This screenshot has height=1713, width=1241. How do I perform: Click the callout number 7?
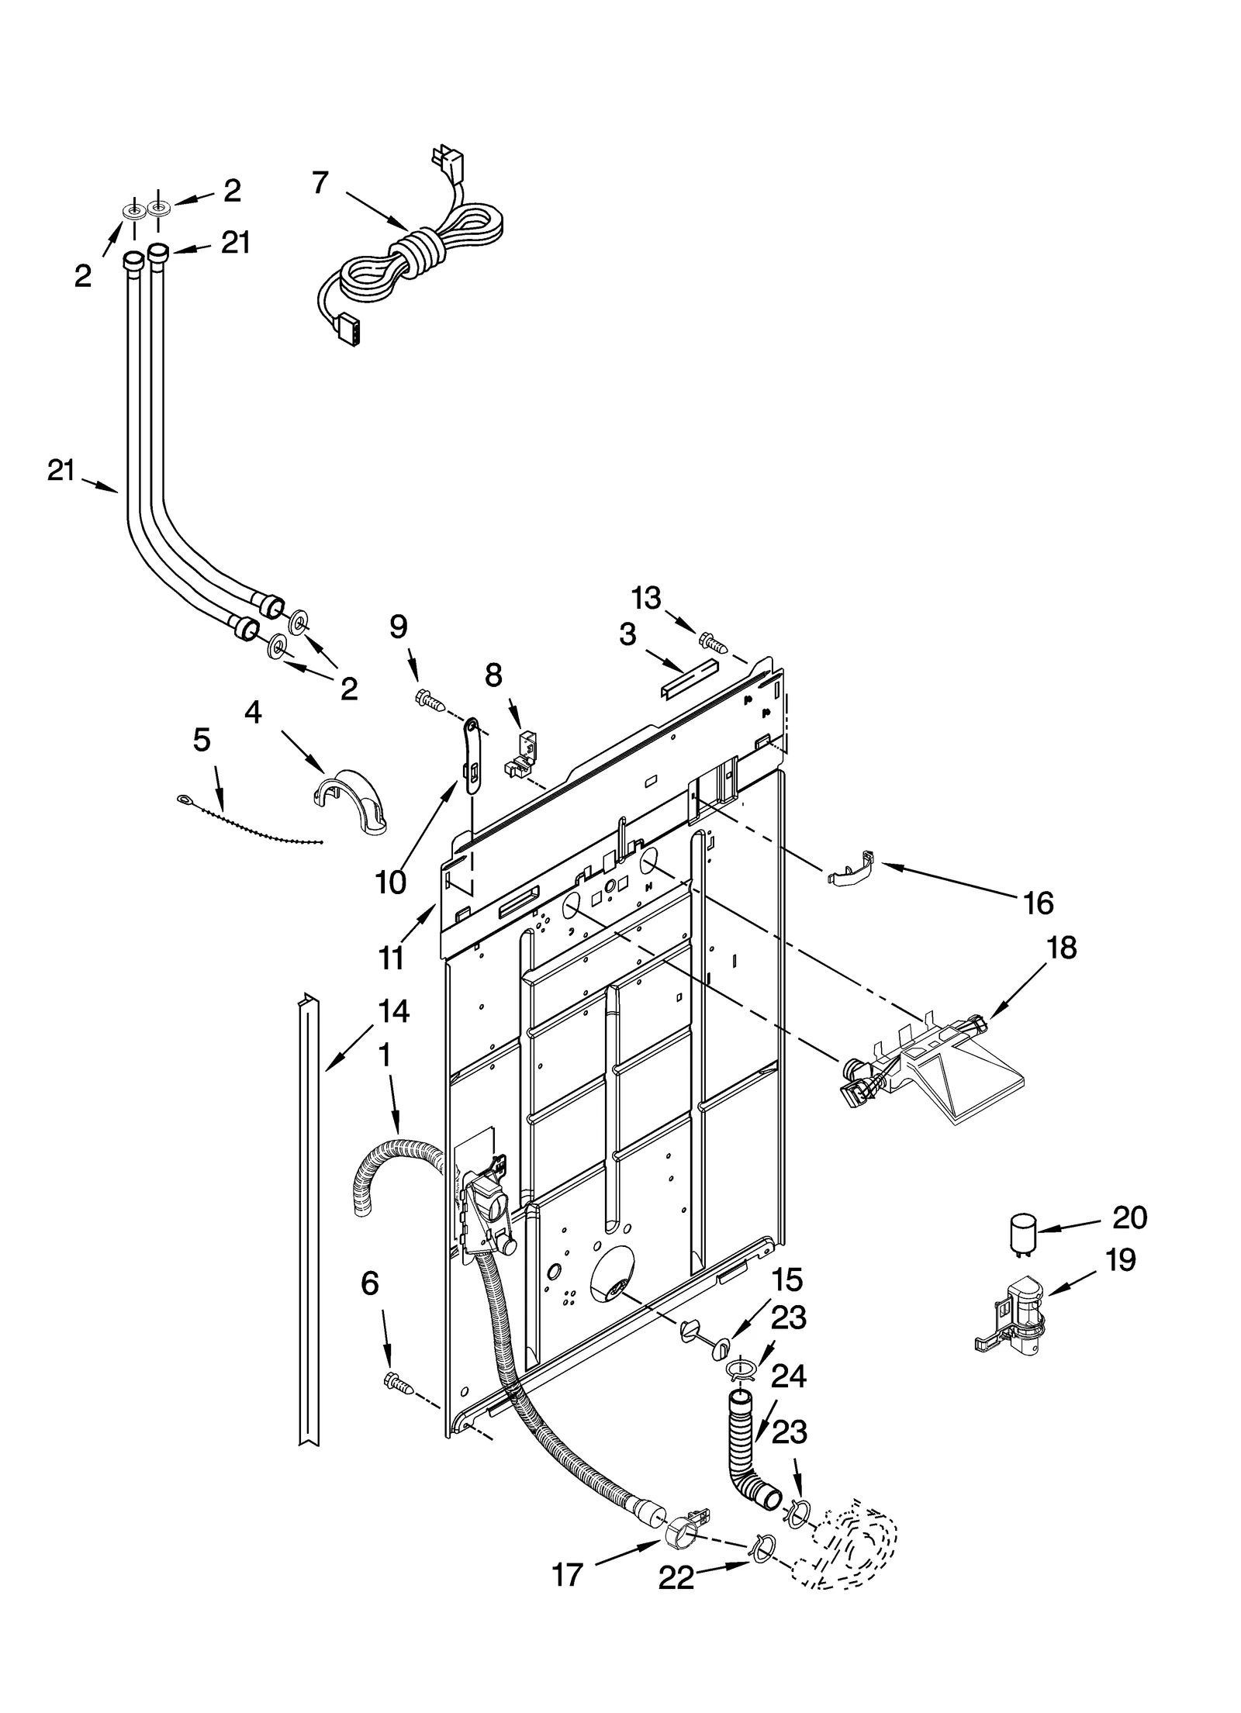click(x=320, y=183)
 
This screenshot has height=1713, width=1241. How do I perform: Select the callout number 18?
click(x=1062, y=948)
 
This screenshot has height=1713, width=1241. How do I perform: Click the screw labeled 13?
click(x=710, y=641)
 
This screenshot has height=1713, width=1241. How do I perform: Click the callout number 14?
click(x=394, y=1012)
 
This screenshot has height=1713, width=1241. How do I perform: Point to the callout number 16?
click(x=1039, y=902)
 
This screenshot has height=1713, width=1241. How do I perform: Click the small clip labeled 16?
click(x=850, y=868)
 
